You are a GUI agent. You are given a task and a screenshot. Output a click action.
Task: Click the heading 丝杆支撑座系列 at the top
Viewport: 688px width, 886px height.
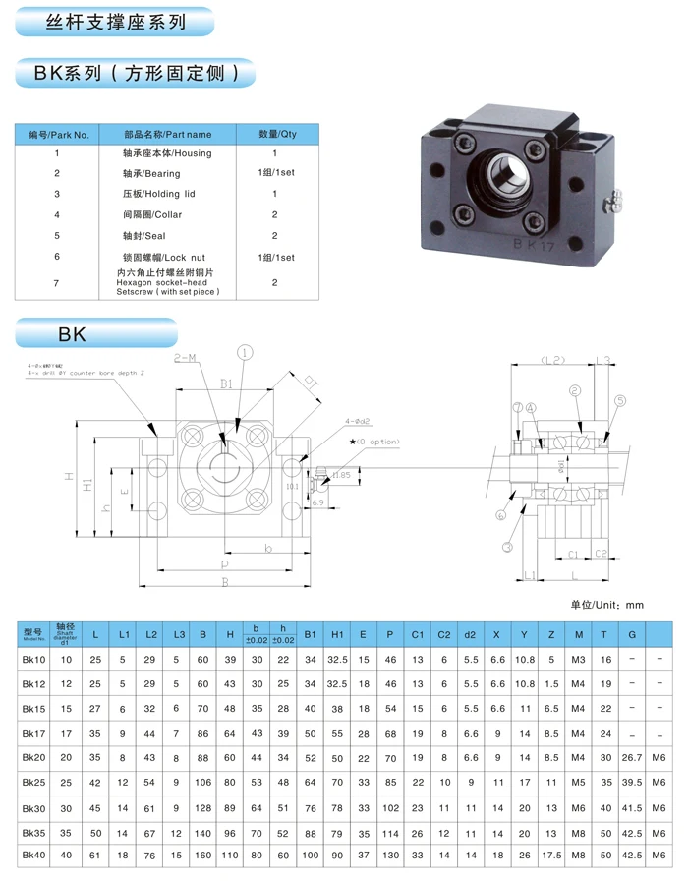click(116, 22)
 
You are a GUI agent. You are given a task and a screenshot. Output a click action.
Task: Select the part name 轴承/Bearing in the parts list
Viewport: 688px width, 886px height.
click(151, 174)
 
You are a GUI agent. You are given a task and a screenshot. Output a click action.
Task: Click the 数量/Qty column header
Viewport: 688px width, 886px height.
click(276, 134)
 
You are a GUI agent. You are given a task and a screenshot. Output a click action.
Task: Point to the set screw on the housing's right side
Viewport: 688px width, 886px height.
click(614, 201)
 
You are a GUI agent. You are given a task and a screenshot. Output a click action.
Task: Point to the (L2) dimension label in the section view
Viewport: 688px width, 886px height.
click(552, 361)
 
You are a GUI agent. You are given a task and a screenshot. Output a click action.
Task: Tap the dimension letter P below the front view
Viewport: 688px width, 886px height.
click(224, 566)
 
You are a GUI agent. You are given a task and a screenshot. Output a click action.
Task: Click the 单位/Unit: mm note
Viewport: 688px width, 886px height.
click(606, 604)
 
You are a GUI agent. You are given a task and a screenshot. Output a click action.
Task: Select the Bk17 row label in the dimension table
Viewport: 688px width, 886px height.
click(34, 733)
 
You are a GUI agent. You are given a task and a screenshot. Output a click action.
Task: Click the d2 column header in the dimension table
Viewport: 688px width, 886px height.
click(470, 634)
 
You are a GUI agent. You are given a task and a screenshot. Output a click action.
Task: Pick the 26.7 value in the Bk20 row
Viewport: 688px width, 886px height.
click(631, 757)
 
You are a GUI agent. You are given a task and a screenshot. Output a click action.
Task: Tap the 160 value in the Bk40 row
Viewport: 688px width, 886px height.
click(202, 856)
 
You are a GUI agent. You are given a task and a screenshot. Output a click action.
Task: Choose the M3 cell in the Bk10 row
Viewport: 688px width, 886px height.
click(578, 659)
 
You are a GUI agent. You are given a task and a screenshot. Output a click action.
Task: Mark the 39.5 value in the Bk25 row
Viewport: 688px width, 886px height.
click(631, 782)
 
